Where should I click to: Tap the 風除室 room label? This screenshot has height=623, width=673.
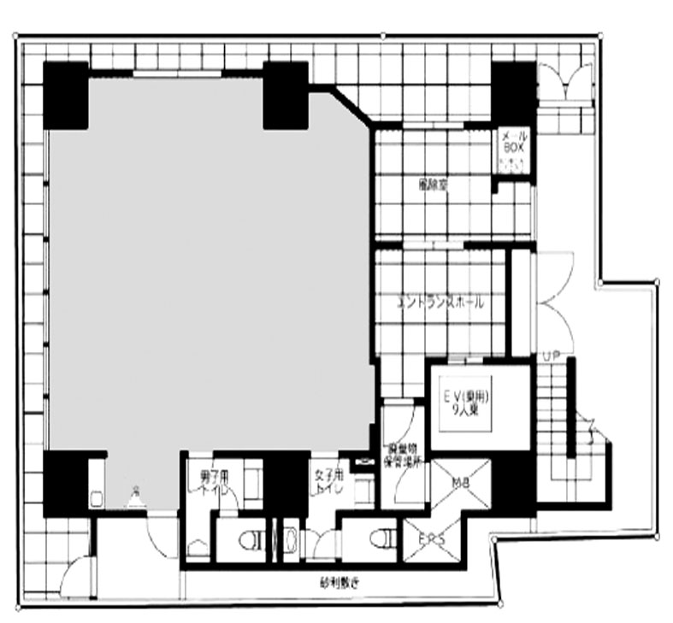click(434, 185)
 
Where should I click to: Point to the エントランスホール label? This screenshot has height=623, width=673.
click(441, 302)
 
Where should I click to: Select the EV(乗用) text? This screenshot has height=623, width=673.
click(466, 397)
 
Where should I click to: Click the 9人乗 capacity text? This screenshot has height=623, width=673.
click(466, 410)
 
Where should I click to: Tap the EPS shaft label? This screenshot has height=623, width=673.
click(431, 539)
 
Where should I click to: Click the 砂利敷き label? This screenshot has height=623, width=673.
click(339, 585)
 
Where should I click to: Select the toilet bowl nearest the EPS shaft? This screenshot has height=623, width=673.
click(384, 539)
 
